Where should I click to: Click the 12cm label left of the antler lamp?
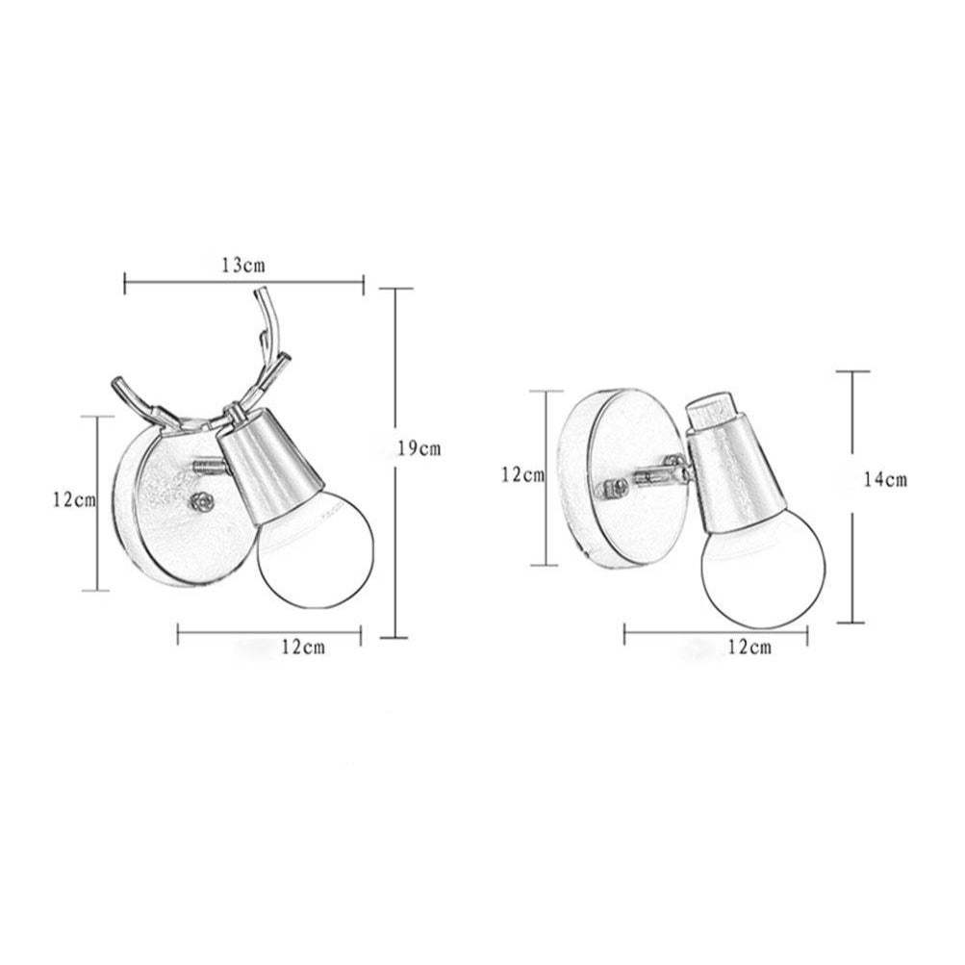(x=75, y=499)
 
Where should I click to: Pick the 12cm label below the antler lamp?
(x=302, y=647)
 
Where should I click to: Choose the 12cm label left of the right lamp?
(x=522, y=474)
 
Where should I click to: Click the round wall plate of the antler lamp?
(x=164, y=505)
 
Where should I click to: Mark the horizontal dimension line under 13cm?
(x=244, y=282)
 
